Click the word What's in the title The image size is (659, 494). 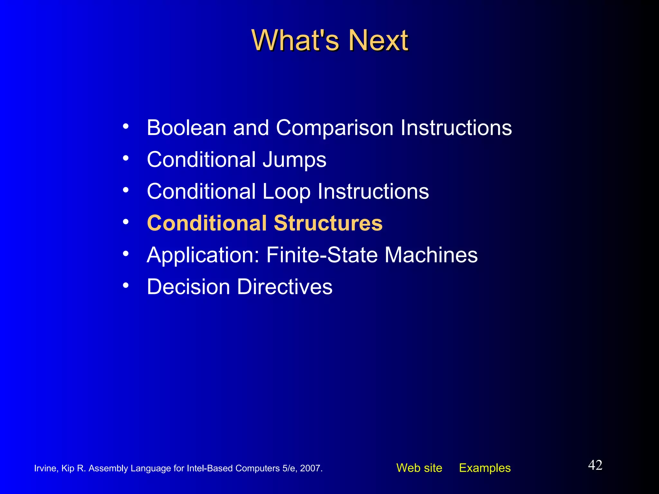click(295, 41)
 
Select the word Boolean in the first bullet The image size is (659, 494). click(187, 128)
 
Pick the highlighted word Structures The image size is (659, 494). click(328, 223)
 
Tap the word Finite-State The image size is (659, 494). click(322, 255)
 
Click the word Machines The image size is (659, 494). click(431, 255)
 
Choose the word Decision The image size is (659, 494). click(188, 287)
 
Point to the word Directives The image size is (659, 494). click(285, 287)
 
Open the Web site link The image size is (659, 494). click(419, 468)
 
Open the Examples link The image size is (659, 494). click(485, 468)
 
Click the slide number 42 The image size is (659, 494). click(595, 465)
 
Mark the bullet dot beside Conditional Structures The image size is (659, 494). click(126, 222)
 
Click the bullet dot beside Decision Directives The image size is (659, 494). click(126, 285)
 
